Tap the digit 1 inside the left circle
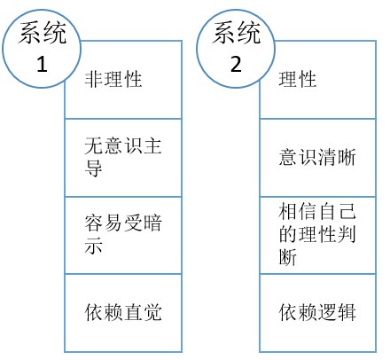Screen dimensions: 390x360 tap(42, 64)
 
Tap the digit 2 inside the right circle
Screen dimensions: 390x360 tap(236, 64)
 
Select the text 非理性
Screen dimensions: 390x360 tap(113, 79)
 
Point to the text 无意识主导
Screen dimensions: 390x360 tap(123, 157)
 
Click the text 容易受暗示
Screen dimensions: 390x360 tap(123, 234)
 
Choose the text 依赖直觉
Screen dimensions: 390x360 tap(123, 312)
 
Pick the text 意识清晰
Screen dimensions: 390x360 tap(317, 157)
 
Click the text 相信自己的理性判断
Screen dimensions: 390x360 tap(317, 234)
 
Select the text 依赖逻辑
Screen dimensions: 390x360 tap(317, 312)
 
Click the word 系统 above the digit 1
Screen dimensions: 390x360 tap(42, 33)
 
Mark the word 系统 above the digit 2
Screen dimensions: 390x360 tap(236, 33)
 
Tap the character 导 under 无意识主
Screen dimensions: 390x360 tap(93, 168)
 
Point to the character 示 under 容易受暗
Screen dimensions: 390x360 tap(93, 246)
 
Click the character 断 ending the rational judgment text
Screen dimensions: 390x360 tap(287, 256)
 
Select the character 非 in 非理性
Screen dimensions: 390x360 tap(94, 79)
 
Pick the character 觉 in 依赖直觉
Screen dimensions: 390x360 tap(152, 312)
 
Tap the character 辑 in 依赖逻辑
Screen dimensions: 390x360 tap(347, 312)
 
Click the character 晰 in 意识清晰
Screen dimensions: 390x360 tap(347, 157)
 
